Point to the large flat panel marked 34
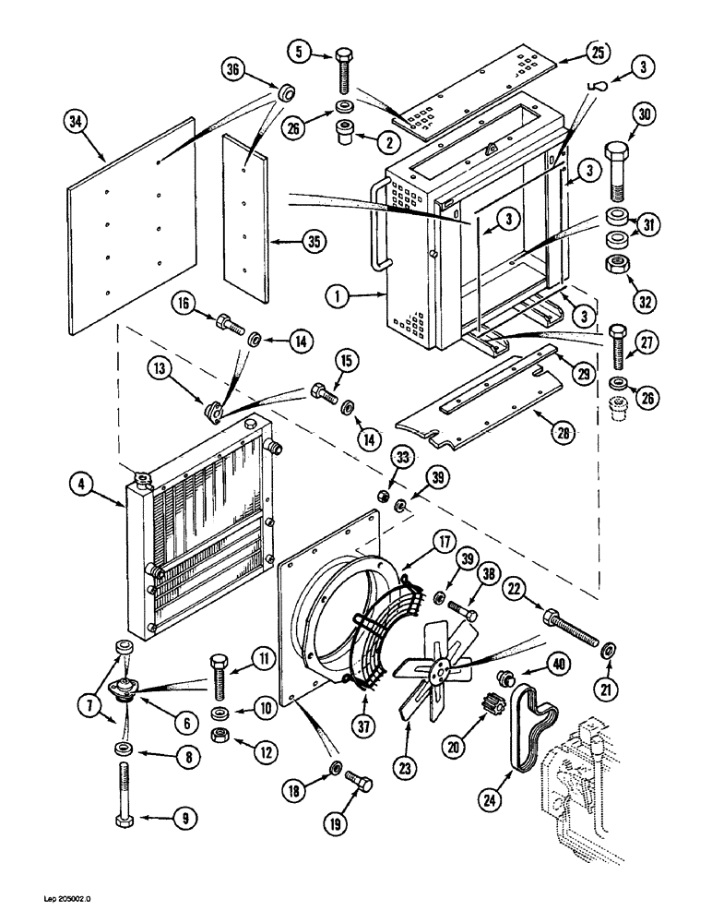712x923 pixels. [134, 226]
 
